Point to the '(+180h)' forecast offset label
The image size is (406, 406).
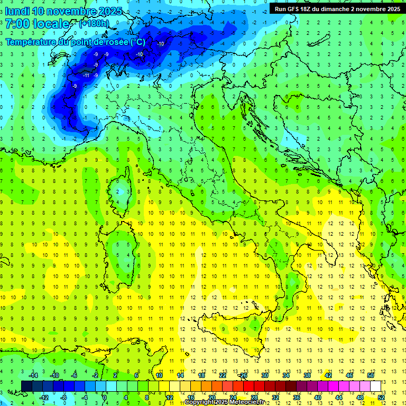(x=94, y=24)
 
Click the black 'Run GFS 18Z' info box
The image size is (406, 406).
(x=337, y=9)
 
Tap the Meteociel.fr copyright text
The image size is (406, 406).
(x=225, y=402)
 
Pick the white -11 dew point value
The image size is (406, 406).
(x=86, y=76)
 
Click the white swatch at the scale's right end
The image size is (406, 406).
(x=375, y=386)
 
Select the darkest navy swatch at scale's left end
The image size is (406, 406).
(x=26, y=386)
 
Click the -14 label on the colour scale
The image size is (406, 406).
(x=33, y=375)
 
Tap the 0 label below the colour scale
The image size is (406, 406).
(x=105, y=397)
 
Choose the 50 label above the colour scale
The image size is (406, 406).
(x=371, y=375)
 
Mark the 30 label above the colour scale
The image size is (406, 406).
(x=265, y=375)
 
